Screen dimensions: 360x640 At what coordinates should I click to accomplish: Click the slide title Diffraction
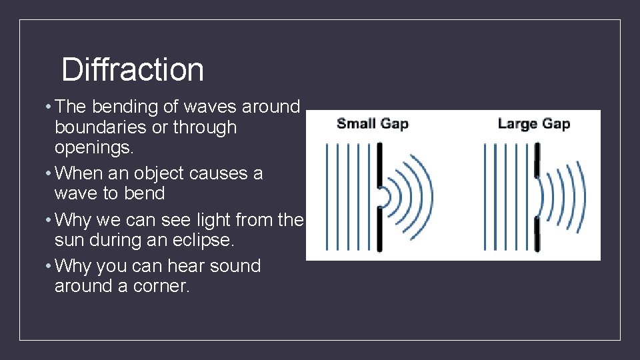point(132,70)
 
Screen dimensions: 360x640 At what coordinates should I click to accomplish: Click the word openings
point(93,147)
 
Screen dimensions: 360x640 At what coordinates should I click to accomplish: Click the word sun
point(72,240)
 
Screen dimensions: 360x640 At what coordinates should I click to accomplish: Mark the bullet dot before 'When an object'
point(49,173)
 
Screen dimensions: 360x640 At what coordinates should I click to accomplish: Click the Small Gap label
point(372,123)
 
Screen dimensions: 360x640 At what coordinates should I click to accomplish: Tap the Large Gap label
point(533,123)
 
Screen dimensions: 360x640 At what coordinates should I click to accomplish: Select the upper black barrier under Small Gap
point(379,163)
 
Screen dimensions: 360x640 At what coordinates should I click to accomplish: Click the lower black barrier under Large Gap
point(537,233)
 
